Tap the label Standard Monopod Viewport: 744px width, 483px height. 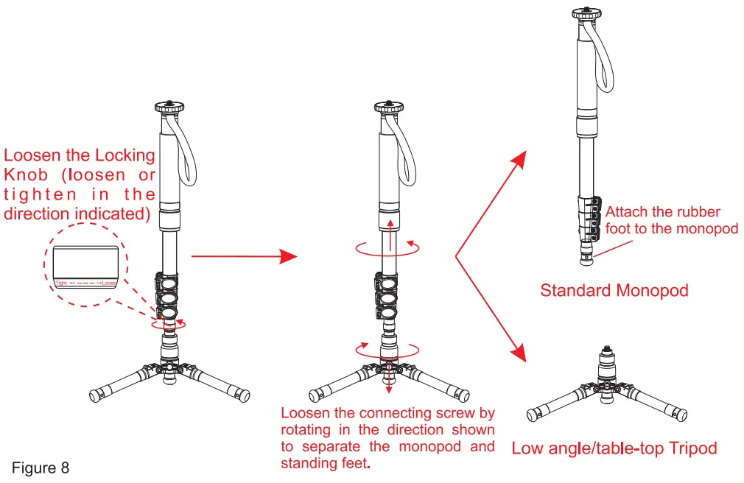pos(614,290)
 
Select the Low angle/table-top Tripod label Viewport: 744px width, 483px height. pos(614,448)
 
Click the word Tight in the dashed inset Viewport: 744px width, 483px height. pos(62,283)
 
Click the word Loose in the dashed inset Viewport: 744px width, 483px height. pos(110,283)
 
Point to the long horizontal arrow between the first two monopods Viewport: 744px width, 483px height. pos(243,256)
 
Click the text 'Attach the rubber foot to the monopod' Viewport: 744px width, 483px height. pos(671,220)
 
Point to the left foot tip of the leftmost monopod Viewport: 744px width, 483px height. pos(95,395)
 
